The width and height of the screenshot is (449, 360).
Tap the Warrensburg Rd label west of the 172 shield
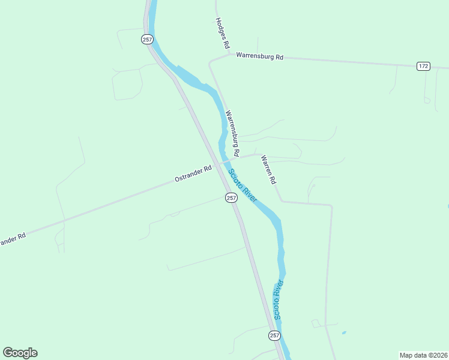coord(259,56)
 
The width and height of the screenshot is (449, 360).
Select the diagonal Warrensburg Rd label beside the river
coord(232,133)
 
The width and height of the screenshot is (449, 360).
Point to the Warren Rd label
coord(268,170)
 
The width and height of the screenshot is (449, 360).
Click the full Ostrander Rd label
coord(193,173)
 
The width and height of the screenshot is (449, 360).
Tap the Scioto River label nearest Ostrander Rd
coord(243,185)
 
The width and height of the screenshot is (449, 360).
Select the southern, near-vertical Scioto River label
coord(277,299)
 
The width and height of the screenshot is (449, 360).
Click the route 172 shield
coord(423,65)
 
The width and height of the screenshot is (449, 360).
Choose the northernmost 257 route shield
coord(148,39)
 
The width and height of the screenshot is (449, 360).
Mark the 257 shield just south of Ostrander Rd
coord(232,197)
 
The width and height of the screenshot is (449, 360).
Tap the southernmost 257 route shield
coord(274,335)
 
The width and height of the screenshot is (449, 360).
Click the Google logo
coord(20,353)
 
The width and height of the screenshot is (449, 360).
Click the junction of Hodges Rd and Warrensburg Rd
coord(229,54)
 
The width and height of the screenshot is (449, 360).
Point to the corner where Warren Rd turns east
coord(282,201)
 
